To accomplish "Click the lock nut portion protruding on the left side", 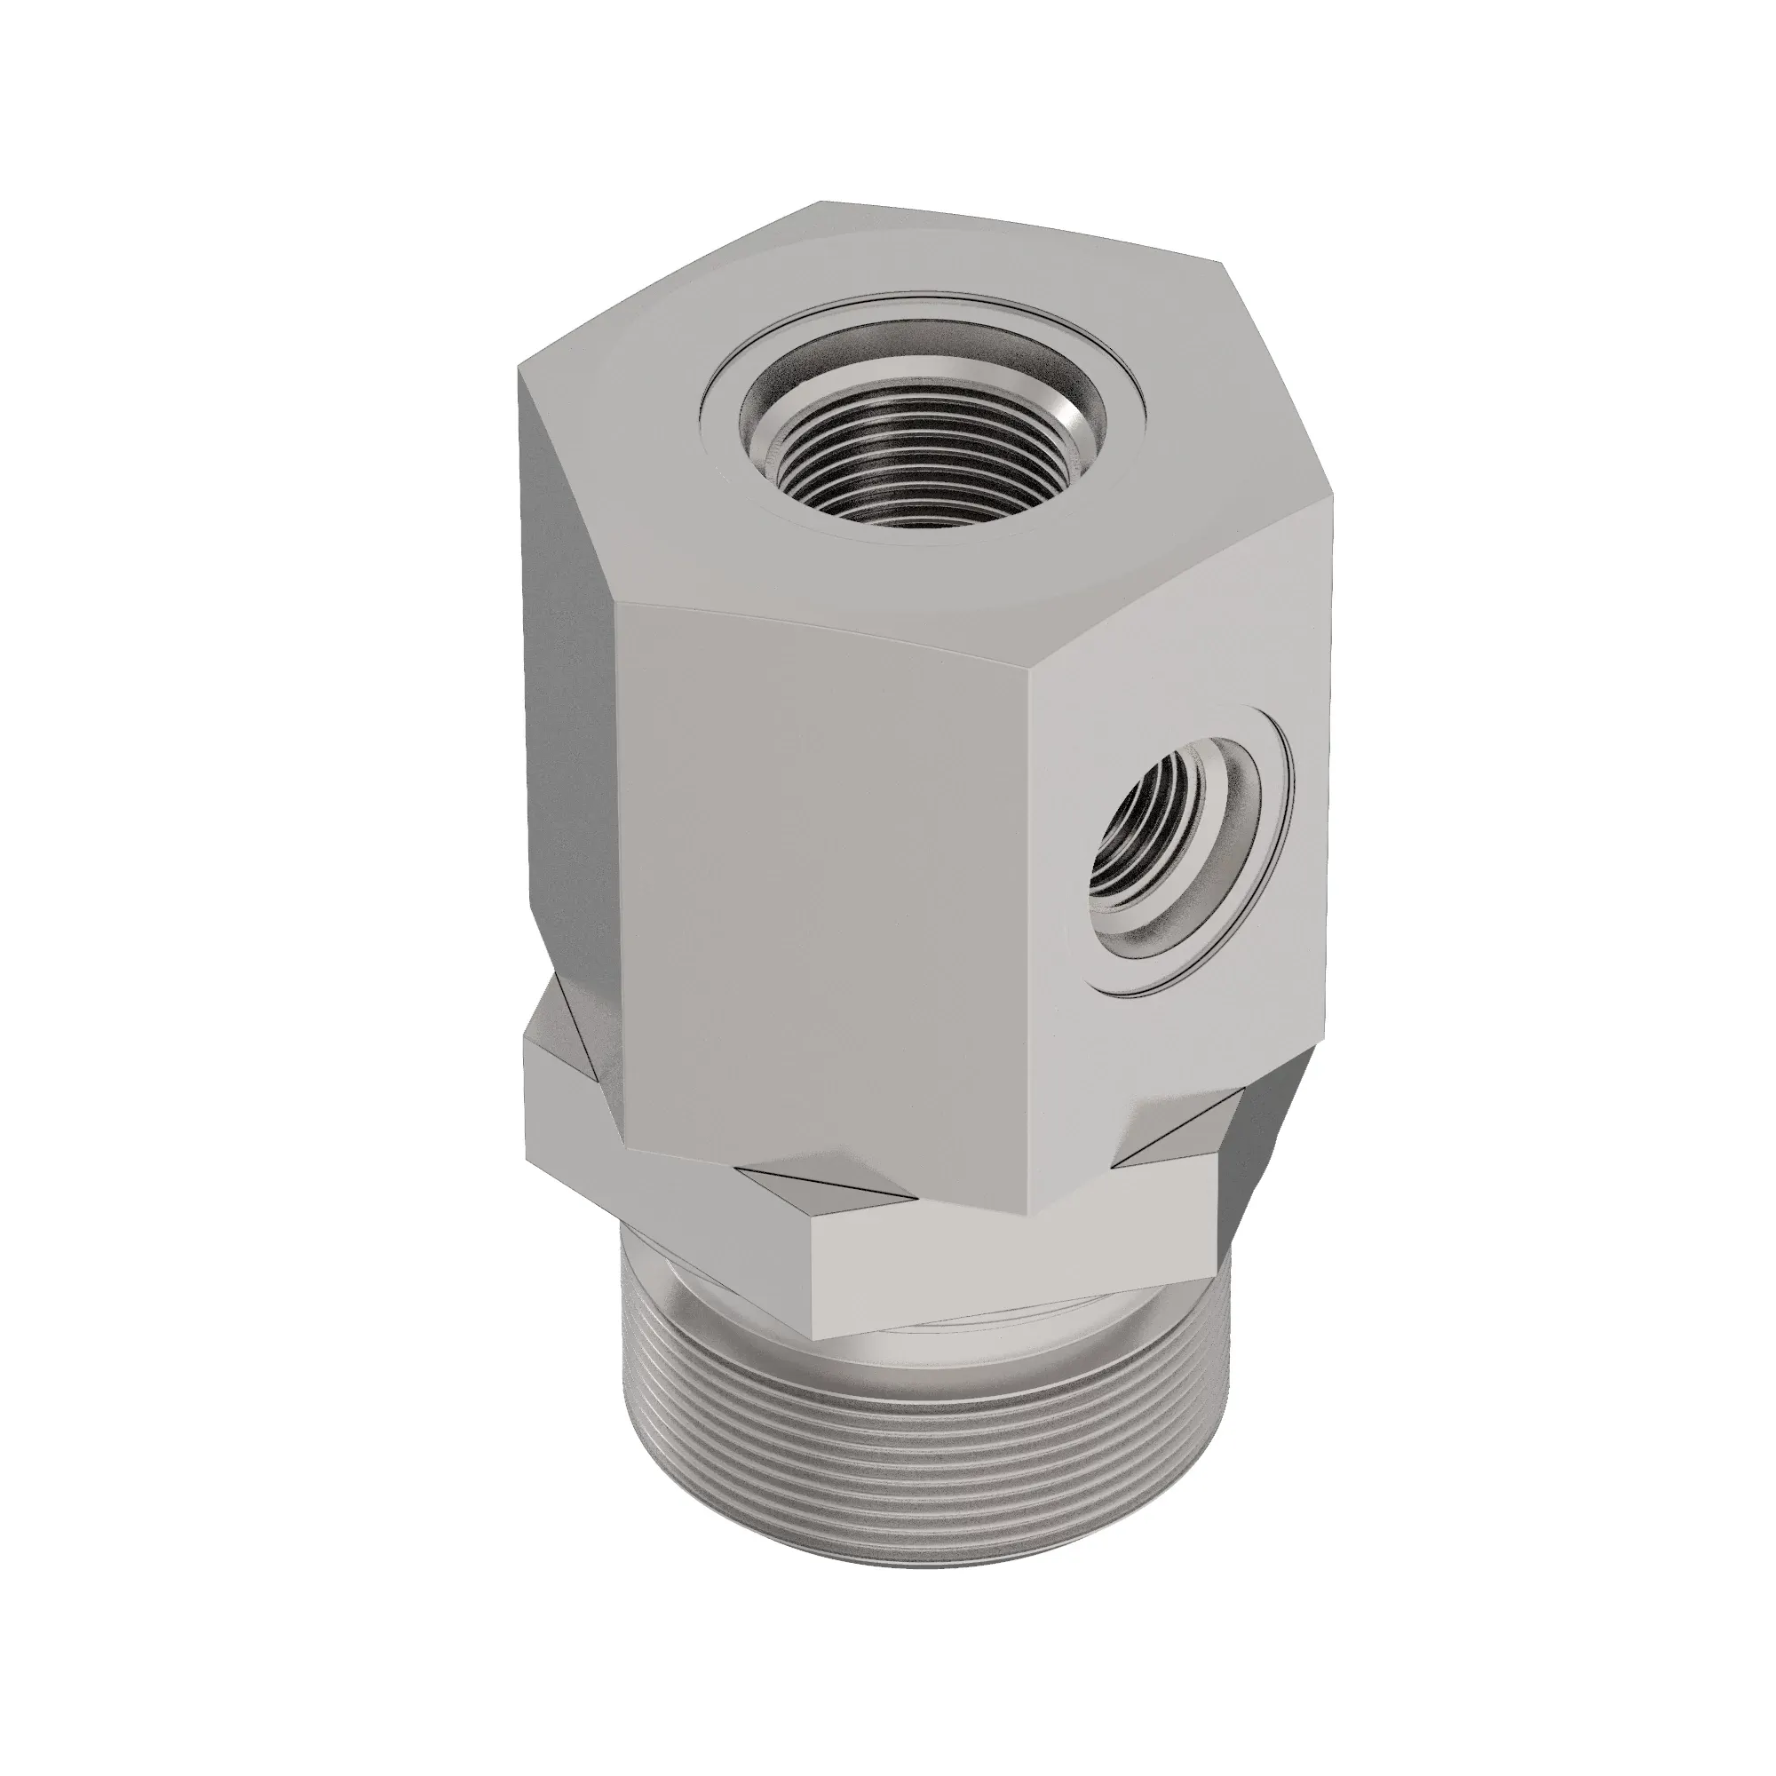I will click(570, 1094).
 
